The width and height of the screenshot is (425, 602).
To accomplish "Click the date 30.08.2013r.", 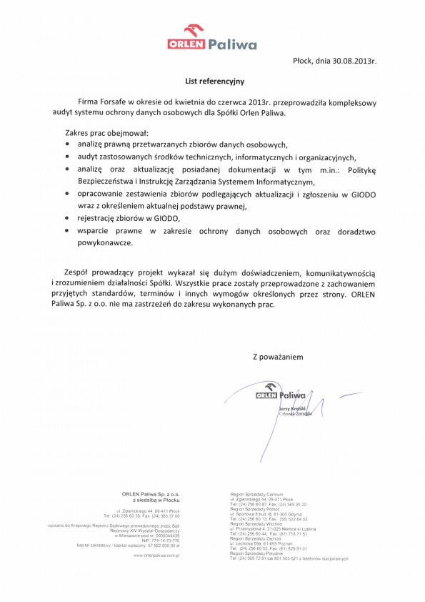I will click(x=354, y=61).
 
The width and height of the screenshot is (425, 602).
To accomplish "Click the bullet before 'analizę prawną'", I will click(x=67, y=143).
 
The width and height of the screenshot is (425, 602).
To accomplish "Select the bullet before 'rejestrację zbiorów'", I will click(x=67, y=217).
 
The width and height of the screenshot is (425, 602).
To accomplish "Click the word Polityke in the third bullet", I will click(x=365, y=169).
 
